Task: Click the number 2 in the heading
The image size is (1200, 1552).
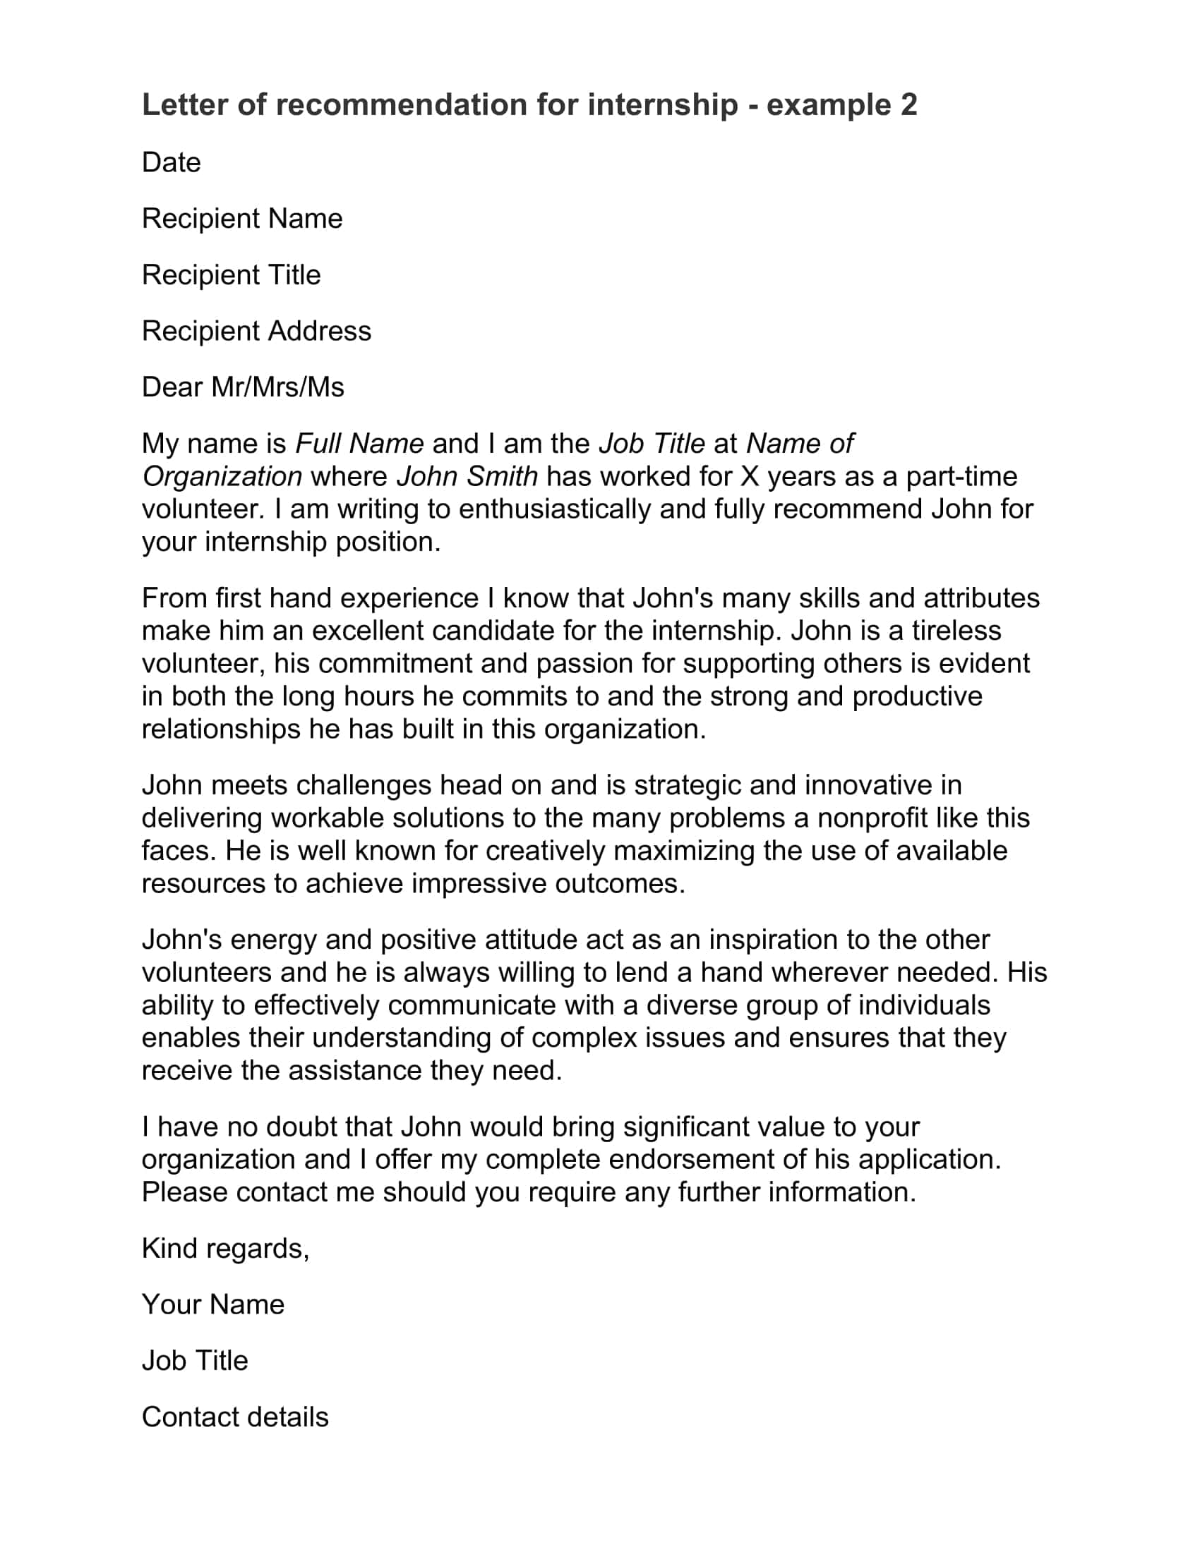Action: point(908,104)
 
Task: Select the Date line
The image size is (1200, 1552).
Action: point(172,163)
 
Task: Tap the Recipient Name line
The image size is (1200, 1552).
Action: point(241,219)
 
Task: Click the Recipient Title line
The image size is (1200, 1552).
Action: point(231,275)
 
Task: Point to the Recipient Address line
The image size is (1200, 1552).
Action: point(256,331)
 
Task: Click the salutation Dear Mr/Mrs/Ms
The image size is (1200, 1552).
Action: point(242,387)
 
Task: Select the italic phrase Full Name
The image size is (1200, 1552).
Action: point(359,444)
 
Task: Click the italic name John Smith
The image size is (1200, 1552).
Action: point(467,476)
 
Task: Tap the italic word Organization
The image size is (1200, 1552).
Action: point(222,476)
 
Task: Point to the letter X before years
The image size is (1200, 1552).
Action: point(749,476)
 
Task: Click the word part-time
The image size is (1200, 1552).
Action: point(961,476)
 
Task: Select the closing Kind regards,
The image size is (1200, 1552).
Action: point(225,1249)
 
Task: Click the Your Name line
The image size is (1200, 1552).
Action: point(212,1304)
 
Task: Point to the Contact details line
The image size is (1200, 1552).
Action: point(234,1417)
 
